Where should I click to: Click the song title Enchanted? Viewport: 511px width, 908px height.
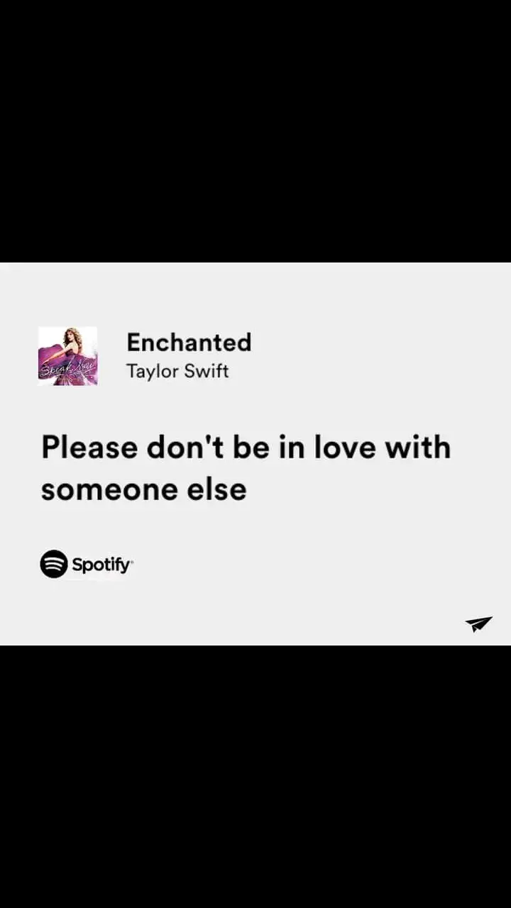[x=189, y=342]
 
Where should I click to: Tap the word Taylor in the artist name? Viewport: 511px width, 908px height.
[x=150, y=371]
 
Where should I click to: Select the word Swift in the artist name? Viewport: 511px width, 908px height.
[x=206, y=370]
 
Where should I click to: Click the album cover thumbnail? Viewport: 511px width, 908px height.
[x=67, y=356]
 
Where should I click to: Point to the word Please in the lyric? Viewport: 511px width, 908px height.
[x=89, y=448]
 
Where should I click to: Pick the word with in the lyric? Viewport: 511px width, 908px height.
[x=418, y=448]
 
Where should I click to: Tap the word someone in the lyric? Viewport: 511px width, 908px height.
[x=109, y=489]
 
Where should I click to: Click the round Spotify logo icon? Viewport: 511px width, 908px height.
[x=54, y=563]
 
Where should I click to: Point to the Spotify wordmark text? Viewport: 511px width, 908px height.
[x=102, y=565]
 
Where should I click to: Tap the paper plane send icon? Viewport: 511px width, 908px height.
[x=479, y=624]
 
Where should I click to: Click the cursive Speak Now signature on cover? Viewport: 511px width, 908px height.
[x=67, y=370]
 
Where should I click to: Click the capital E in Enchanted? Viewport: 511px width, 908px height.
[x=134, y=342]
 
